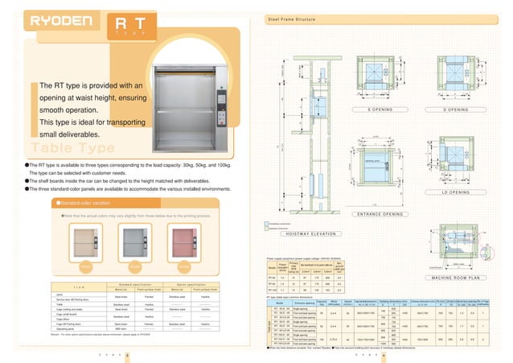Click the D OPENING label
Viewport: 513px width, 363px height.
tap(455, 109)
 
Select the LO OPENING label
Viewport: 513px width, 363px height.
tap(455, 192)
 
